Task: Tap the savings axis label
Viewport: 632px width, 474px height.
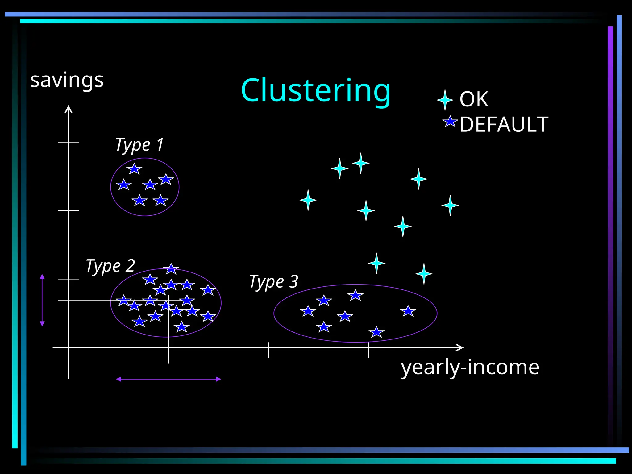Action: tap(67, 80)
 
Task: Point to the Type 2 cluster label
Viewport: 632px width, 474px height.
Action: tap(110, 266)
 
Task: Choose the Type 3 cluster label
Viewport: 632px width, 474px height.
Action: tap(273, 282)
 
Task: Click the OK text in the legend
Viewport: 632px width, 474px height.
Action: tap(474, 99)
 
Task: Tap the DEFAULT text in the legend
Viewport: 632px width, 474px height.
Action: tap(504, 124)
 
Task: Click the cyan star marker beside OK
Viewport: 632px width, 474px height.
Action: tap(445, 100)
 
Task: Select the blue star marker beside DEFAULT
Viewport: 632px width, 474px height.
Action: tap(450, 122)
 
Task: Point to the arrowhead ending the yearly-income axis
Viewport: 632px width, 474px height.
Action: tap(460, 347)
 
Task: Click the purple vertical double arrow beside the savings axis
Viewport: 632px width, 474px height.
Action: tap(42, 300)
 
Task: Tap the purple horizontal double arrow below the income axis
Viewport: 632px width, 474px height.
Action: tap(168, 379)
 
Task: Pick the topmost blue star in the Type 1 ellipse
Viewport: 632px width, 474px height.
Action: tap(134, 169)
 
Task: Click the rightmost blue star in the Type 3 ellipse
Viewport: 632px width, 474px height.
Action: tap(408, 311)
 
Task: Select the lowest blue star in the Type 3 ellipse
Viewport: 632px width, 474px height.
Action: tap(376, 332)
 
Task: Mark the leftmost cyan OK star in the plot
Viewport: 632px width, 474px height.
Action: tap(308, 200)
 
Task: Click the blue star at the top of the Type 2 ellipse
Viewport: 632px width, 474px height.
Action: tap(171, 269)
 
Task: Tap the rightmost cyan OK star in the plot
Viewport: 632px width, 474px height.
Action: tap(450, 205)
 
